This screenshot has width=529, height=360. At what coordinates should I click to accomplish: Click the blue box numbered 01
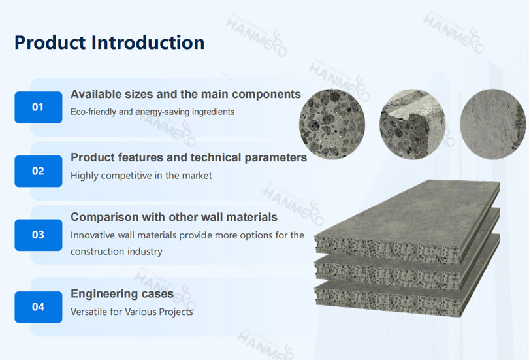tap(38, 107)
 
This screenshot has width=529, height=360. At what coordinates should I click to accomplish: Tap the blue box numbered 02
tap(38, 171)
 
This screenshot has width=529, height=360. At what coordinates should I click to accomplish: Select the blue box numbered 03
tap(38, 235)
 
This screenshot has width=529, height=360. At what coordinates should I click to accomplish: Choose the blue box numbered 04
tap(38, 307)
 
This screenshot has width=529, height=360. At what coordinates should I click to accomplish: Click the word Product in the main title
tap(50, 42)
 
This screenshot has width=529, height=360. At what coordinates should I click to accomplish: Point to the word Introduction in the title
tap(148, 42)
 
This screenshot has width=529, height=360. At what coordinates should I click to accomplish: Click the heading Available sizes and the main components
tap(185, 94)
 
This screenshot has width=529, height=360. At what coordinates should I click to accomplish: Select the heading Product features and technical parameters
tap(189, 157)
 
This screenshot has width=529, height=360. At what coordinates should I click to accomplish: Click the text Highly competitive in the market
tap(141, 176)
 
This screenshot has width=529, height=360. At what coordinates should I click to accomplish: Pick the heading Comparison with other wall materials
tap(174, 217)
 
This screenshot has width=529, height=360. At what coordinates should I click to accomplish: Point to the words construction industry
tap(116, 252)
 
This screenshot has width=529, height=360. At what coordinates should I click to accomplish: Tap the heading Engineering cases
tap(122, 294)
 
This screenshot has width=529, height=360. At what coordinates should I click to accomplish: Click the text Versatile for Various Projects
tap(131, 312)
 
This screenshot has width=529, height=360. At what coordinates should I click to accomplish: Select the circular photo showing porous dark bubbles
tap(332, 124)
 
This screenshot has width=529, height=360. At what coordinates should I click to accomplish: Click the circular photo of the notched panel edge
tap(412, 124)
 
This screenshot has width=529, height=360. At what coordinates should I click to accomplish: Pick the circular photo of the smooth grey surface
tap(493, 124)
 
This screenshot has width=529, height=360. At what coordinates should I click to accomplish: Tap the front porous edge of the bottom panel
tap(386, 299)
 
